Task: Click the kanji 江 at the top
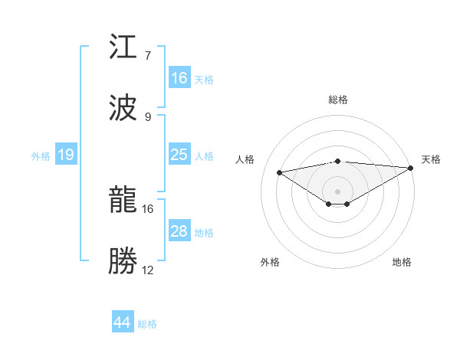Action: pyautogui.click(x=124, y=49)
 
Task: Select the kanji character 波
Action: pyautogui.click(x=124, y=108)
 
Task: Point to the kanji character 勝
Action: pyautogui.click(x=124, y=260)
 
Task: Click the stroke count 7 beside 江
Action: pyautogui.click(x=147, y=56)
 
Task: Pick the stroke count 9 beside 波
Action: pyautogui.click(x=147, y=116)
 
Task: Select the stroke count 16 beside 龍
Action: pyautogui.click(x=148, y=208)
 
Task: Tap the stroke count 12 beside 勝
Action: pyautogui.click(x=148, y=270)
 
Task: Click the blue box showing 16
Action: pyautogui.click(x=179, y=78)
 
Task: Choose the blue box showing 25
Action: pyautogui.click(x=179, y=155)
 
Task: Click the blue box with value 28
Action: pyautogui.click(x=179, y=231)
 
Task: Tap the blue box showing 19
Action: pyautogui.click(x=66, y=155)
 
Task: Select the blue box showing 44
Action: pyautogui.click(x=123, y=322)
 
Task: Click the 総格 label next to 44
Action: pyautogui.click(x=147, y=324)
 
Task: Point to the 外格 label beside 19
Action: pyautogui.click(x=41, y=155)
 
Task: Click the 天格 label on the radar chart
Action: pyautogui.click(x=431, y=159)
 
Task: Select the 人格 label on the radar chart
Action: pyautogui.click(x=246, y=159)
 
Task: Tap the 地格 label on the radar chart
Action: pyautogui.click(x=402, y=262)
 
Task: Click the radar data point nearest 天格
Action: pyautogui.click(x=412, y=168)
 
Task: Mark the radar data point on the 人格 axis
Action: pyautogui.click(x=279, y=172)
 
